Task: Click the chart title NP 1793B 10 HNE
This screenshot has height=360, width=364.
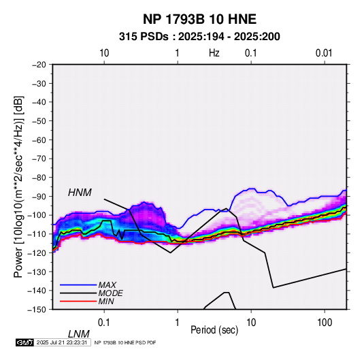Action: (199, 19)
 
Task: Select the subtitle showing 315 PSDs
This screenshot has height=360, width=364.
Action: (199, 37)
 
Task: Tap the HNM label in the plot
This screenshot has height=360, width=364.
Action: (80, 193)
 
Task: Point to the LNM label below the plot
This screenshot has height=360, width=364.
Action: (79, 334)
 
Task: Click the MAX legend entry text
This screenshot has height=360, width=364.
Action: (107, 285)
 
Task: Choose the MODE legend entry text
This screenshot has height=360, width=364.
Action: (110, 293)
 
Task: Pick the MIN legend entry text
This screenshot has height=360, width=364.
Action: (106, 301)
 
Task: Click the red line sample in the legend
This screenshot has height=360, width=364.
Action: (78, 301)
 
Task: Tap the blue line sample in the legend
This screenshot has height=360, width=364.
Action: (78, 285)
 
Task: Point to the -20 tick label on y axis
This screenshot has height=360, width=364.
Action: (39, 65)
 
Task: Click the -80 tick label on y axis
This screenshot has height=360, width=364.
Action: (39, 178)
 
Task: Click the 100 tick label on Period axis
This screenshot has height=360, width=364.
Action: (325, 323)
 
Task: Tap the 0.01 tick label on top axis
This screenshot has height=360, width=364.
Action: (324, 53)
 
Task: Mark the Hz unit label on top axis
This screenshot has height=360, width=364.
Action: (214, 53)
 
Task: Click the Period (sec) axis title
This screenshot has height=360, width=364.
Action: (214, 330)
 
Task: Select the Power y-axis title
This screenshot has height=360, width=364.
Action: (19, 187)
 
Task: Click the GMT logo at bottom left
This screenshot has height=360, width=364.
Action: (25, 342)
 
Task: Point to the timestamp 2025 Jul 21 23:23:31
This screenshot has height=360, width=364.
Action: (62, 342)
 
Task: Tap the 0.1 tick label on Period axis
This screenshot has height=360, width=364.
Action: (104, 323)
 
